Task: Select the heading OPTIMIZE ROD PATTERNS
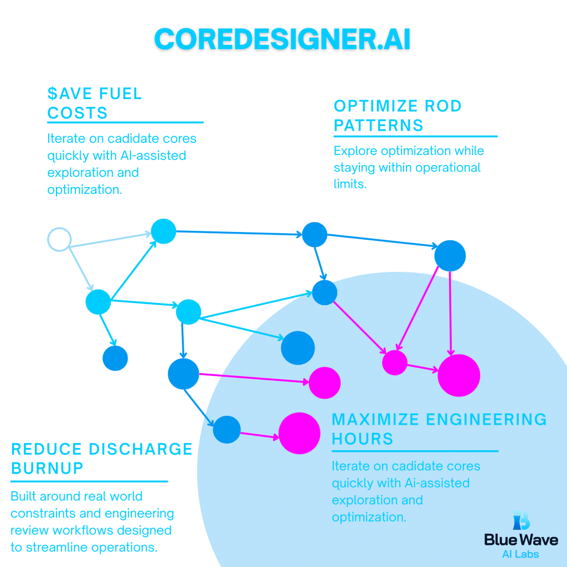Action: click(x=398, y=115)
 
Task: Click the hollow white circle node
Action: click(x=59, y=240)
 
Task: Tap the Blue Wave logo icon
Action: click(x=520, y=520)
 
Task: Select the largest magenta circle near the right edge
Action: click(x=458, y=375)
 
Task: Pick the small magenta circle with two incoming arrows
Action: click(x=395, y=363)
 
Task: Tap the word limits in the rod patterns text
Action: click(x=350, y=184)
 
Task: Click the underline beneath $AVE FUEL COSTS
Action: click(x=125, y=122)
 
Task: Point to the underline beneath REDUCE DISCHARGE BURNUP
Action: click(x=89, y=481)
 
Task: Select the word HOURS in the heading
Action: click(x=363, y=439)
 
